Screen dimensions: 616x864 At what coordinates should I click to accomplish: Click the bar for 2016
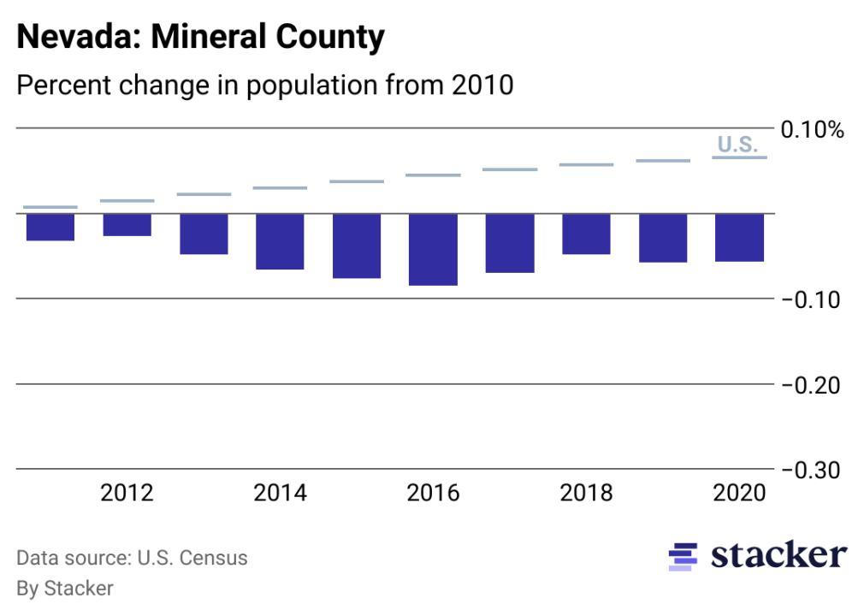click(433, 249)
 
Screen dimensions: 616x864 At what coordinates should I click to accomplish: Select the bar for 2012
click(127, 225)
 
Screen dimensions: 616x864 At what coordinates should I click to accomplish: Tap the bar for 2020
click(739, 238)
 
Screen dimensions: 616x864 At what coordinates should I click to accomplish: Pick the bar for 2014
click(280, 241)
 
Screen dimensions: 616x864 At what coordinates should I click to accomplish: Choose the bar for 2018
click(586, 234)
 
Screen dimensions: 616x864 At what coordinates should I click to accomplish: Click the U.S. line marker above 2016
click(433, 175)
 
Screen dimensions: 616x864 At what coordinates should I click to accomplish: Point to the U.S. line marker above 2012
click(127, 201)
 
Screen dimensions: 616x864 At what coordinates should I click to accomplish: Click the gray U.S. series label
click(737, 145)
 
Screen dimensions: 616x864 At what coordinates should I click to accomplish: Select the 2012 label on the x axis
click(127, 494)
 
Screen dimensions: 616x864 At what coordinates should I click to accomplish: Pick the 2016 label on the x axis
click(433, 494)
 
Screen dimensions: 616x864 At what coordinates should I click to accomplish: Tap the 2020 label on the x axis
click(739, 494)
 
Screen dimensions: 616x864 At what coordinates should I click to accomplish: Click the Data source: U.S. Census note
click(132, 559)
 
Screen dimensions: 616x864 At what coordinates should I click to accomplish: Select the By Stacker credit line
click(65, 589)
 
